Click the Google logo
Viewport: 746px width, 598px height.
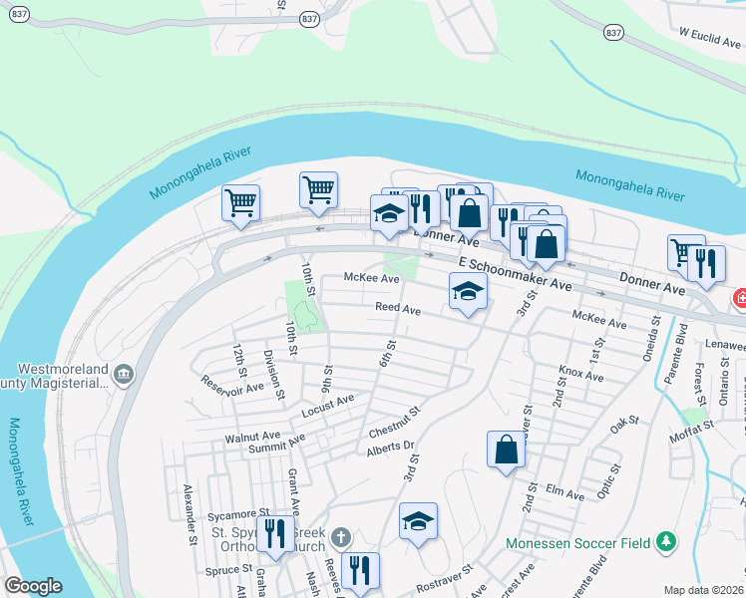[33, 586]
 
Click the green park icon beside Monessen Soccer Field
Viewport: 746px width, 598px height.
[665, 543]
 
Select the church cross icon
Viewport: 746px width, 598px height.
[340, 538]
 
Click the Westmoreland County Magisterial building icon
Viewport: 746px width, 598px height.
[122, 374]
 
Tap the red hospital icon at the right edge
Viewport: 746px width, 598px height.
[740, 297]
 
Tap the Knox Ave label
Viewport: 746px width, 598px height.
[580, 376]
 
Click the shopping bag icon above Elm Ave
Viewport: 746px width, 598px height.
[506, 448]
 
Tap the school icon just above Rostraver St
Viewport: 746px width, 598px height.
[419, 520]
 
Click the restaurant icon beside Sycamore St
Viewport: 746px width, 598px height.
[274, 532]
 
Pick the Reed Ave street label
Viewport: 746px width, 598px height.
[398, 310]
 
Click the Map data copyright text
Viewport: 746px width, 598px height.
[704, 590]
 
